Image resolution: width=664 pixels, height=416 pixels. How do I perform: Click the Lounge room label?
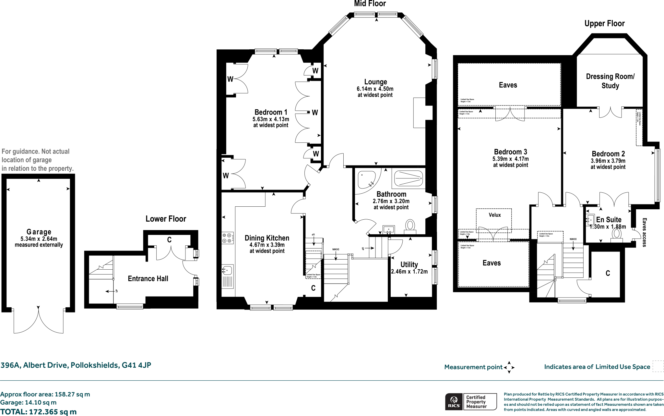point(375,82)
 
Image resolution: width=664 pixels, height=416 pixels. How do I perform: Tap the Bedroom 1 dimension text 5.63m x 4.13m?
point(271,119)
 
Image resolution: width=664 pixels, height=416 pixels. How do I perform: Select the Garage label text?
point(39,232)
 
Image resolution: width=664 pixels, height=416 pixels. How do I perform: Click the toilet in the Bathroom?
point(410,226)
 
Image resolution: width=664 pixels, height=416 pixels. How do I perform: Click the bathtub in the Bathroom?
point(409,178)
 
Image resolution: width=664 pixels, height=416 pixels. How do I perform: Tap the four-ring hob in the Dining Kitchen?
point(227,238)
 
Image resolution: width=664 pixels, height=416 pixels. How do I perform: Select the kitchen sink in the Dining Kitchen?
point(227,270)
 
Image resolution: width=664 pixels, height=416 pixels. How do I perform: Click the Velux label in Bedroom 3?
point(495,215)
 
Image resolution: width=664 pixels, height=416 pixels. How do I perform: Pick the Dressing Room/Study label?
point(610,81)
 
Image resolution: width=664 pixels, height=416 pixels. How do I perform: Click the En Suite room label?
point(609,220)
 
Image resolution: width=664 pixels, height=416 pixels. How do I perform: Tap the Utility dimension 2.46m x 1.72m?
point(409,272)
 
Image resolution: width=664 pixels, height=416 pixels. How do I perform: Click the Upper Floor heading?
point(604,23)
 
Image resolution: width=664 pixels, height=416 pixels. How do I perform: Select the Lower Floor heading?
point(166,219)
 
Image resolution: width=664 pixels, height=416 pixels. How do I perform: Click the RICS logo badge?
point(454,402)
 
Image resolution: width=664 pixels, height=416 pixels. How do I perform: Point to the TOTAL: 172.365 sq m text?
point(38,412)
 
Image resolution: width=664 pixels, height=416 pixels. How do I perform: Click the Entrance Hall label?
point(148,278)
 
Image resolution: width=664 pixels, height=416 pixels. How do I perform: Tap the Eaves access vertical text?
point(644,232)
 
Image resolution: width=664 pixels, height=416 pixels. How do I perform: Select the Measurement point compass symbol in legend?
point(509,367)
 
